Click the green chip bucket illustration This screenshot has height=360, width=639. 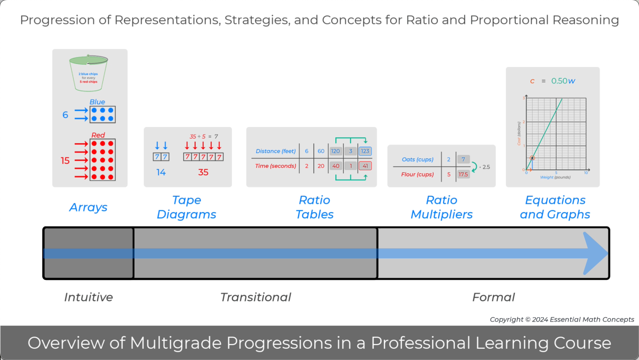pos(88,73)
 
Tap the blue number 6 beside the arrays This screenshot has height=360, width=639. pos(65,115)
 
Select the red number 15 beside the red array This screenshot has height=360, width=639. pos(65,161)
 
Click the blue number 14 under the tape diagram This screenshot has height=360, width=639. pos(161,172)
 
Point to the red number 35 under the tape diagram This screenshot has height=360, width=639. pos(203,172)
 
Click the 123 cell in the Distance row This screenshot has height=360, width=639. pos(365,151)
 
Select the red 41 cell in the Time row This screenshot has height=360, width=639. pos(365,166)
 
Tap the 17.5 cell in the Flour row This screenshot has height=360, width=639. pos(463,174)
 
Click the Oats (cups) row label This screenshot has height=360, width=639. pos(417,159)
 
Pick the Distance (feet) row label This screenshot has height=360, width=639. pos(276,151)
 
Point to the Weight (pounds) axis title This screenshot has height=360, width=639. pos(555,177)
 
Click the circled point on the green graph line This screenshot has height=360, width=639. pos(532,158)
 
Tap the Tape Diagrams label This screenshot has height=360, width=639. pos(187,207)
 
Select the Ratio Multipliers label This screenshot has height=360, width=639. pos(441,207)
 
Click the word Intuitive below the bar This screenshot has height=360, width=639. pos(88,297)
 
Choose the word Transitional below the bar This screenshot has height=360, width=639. pos(256,297)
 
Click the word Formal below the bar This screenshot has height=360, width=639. pos(494,297)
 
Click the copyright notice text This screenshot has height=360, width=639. pos(562,319)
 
